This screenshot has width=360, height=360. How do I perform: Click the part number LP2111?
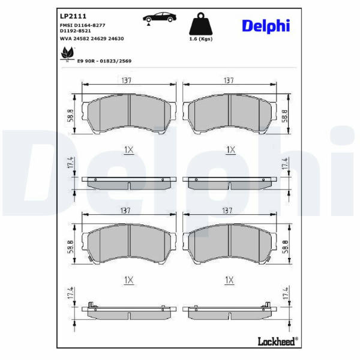[73, 16]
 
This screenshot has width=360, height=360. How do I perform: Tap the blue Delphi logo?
[266, 26]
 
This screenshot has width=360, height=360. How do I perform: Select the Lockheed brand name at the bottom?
[278, 341]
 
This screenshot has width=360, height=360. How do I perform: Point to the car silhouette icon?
[160, 17]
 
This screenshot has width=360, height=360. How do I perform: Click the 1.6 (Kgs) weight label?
[200, 39]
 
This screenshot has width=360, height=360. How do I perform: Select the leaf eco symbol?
[68, 54]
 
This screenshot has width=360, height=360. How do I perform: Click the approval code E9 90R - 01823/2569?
[104, 61]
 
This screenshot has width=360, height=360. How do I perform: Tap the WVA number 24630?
[116, 38]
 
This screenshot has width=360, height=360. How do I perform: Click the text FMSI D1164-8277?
[82, 25]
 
